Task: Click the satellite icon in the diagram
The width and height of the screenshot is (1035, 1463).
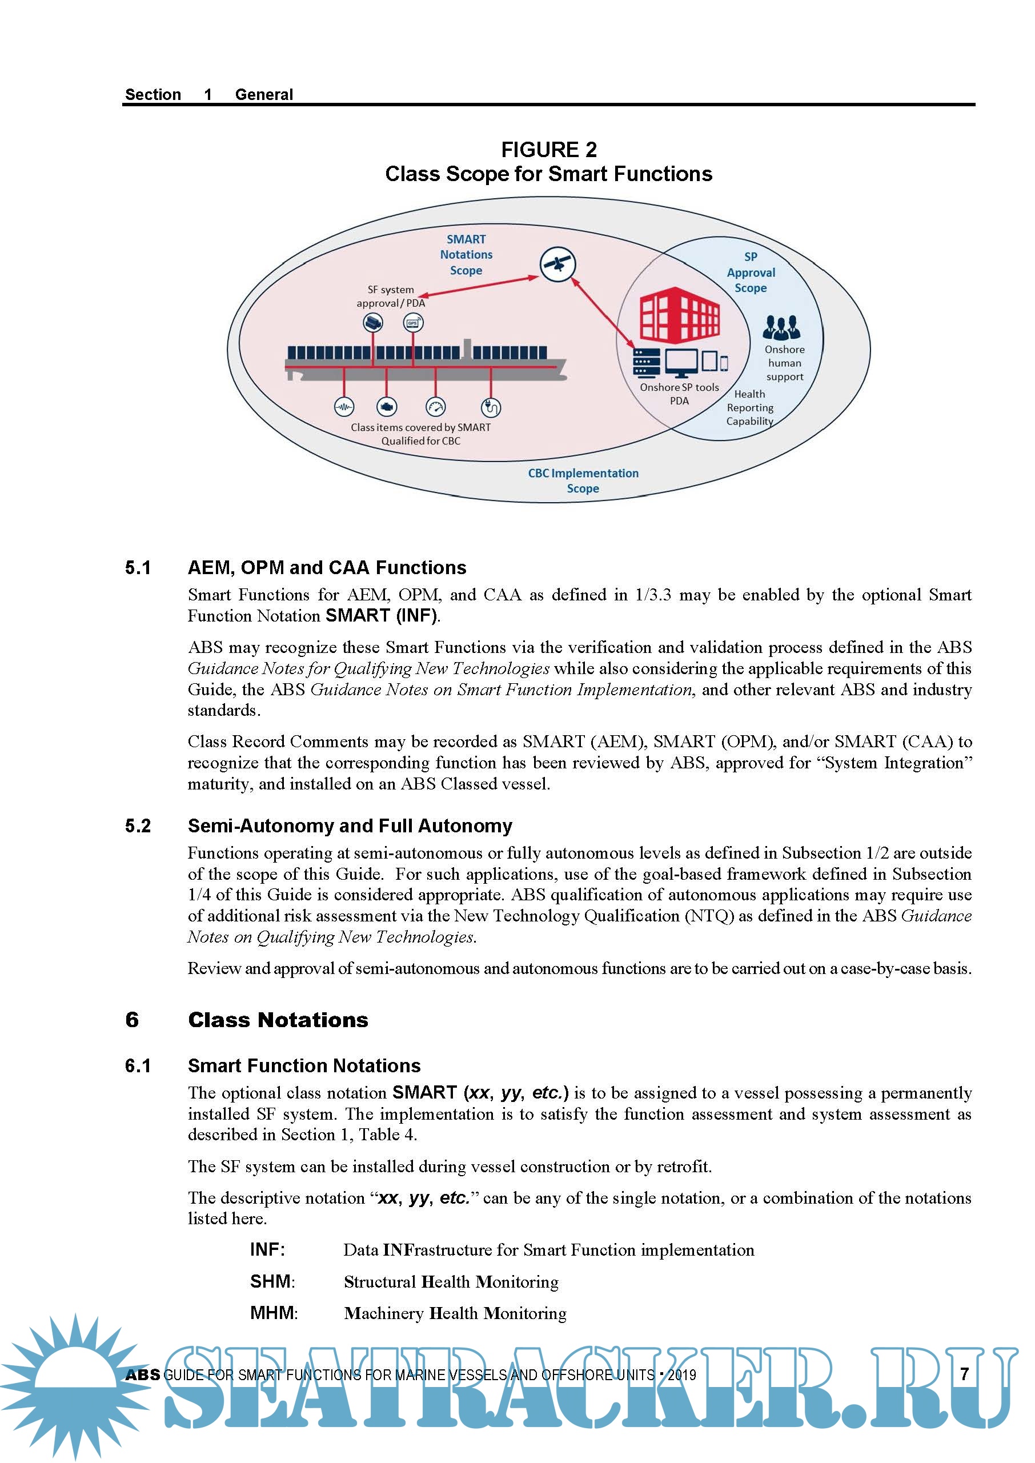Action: [x=557, y=263]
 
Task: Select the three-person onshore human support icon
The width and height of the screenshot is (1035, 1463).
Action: [x=781, y=328]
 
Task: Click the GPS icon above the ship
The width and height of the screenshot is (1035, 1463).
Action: [x=413, y=323]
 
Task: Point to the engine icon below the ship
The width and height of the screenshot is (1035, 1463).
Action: [x=387, y=407]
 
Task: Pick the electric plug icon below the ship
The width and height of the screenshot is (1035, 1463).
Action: [x=491, y=407]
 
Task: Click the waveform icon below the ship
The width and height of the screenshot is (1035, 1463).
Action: [x=344, y=407]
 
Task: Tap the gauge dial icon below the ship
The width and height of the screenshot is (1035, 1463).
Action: [x=435, y=407]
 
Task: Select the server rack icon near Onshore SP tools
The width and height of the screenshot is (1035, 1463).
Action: [x=646, y=363]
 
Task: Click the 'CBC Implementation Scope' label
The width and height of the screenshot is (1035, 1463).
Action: [x=583, y=480]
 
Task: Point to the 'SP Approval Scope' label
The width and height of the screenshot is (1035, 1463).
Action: [x=751, y=272]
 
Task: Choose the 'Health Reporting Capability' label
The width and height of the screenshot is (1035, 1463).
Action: [x=750, y=407]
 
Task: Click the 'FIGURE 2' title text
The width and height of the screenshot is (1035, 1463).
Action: [x=549, y=150]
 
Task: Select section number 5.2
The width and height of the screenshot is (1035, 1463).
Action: [x=138, y=826]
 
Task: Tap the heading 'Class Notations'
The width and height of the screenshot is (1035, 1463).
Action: [x=278, y=1020]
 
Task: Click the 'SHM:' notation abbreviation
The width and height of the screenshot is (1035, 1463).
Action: [x=272, y=1281]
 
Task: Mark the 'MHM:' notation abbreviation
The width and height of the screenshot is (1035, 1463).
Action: [x=274, y=1313]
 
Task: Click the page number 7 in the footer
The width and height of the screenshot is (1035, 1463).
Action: [x=964, y=1374]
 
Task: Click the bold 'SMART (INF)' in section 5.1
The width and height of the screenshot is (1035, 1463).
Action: [x=381, y=616]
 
